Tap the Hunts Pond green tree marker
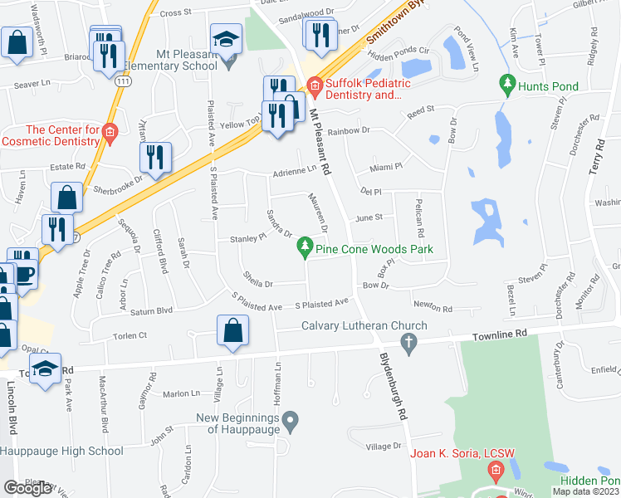(x=505, y=85)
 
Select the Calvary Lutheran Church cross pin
(x=408, y=341)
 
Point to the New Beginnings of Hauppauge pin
(x=290, y=423)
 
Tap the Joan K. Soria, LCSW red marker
(x=496, y=472)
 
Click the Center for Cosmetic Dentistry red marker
(x=109, y=131)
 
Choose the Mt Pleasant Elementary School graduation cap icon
(x=224, y=40)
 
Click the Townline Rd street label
(x=500, y=334)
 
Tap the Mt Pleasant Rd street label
(x=320, y=141)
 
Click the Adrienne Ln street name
(x=296, y=173)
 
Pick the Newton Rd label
(x=434, y=309)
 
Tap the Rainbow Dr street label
(x=348, y=131)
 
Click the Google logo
(x=27, y=487)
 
